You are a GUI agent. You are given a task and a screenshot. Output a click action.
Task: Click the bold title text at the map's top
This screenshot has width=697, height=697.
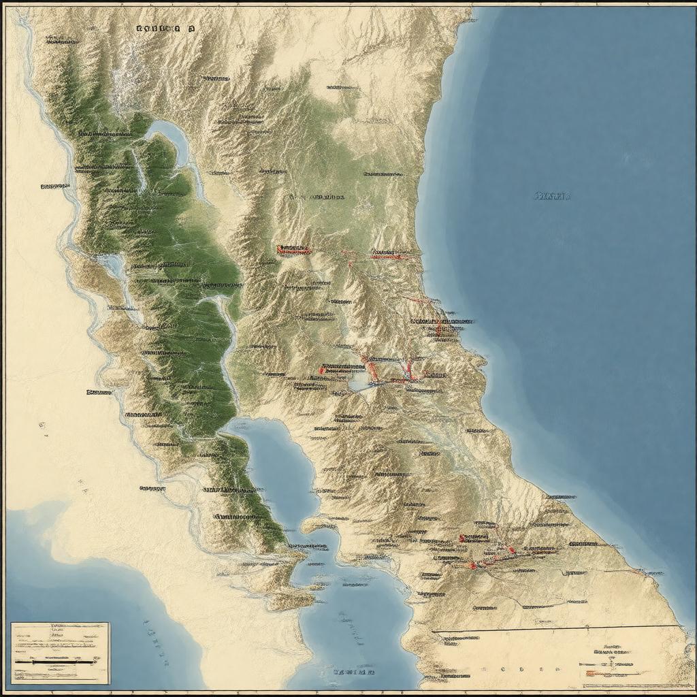pos(165,29)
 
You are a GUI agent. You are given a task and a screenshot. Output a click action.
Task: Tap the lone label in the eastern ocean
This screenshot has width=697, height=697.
pos(551,196)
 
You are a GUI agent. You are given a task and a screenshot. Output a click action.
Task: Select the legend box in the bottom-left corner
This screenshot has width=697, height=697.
pos(60,652)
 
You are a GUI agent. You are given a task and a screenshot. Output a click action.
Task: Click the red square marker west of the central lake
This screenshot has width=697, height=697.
pos(322,370)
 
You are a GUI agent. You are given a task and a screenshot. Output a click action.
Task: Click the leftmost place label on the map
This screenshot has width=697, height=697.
pos(54,185)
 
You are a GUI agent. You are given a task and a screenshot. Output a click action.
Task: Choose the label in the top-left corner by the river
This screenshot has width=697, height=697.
pos(61,41)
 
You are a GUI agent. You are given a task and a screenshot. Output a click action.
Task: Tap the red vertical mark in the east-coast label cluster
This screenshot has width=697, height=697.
pos(439,329)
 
